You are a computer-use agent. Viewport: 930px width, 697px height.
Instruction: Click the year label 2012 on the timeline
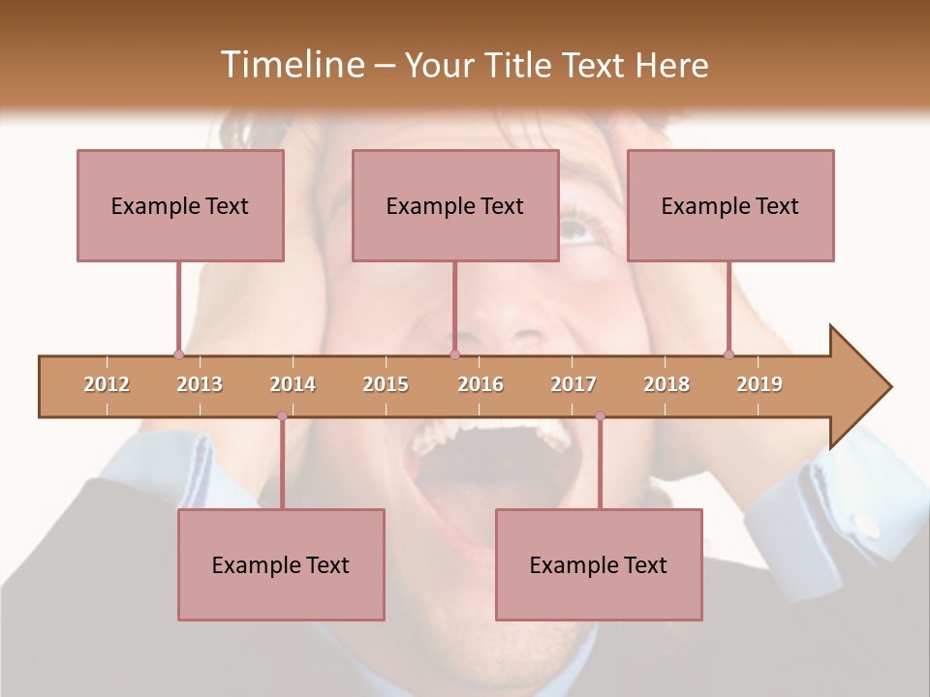107,384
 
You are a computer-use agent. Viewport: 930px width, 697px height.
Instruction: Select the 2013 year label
200,384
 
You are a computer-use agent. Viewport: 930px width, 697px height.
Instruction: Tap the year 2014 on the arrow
293,384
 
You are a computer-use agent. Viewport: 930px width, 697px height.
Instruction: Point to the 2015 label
386,384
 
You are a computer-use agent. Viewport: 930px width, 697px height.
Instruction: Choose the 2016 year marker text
480,384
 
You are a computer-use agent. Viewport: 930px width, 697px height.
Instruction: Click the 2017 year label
573,384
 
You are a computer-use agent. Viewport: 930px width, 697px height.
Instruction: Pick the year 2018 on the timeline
666,384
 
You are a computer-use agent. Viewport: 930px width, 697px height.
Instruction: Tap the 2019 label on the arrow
759,384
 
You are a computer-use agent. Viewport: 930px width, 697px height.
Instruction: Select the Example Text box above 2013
180,205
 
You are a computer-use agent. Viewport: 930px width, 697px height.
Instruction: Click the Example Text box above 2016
455,205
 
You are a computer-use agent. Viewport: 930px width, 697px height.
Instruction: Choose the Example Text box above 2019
730,205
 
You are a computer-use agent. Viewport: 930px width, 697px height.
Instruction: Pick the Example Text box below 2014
281,564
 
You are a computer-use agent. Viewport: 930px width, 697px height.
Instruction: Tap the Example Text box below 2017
599,564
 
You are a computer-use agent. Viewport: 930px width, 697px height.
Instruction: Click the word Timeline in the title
292,65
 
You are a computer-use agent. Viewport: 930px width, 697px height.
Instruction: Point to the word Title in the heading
520,65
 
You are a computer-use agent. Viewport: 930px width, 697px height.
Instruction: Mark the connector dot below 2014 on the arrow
282,416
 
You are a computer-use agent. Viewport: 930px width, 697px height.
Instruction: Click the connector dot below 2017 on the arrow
600,416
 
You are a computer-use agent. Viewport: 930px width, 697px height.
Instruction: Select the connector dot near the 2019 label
728,354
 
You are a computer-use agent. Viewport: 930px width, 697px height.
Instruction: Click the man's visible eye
574,230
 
